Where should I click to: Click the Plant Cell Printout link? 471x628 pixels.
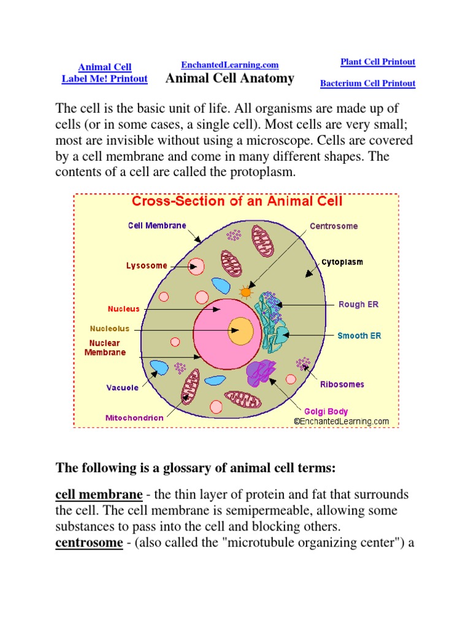click(x=378, y=62)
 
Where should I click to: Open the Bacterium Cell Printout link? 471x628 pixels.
click(x=368, y=83)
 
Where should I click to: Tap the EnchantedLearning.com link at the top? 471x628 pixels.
click(x=230, y=65)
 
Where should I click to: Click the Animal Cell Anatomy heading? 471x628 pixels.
click(x=230, y=78)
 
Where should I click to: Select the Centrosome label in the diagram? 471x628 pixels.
click(x=334, y=226)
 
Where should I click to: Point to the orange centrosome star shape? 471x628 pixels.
click(x=246, y=293)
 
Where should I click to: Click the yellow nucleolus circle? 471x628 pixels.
click(x=241, y=332)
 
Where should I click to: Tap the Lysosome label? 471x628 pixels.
click(x=147, y=266)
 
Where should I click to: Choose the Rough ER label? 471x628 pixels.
click(x=359, y=304)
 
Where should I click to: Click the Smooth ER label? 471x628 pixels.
click(x=359, y=335)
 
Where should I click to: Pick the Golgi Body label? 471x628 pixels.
click(x=326, y=412)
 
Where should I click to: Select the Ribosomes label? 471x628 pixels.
click(x=342, y=385)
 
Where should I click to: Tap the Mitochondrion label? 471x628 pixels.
click(x=134, y=418)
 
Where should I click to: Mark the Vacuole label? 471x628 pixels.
click(x=122, y=388)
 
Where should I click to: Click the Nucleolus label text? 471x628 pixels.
click(x=110, y=329)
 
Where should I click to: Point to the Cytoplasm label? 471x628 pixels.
click(x=342, y=262)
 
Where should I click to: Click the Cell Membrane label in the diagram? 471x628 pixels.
click(x=157, y=226)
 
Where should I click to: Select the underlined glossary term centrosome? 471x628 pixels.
click(x=89, y=543)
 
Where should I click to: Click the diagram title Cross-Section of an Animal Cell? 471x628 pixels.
click(x=237, y=201)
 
